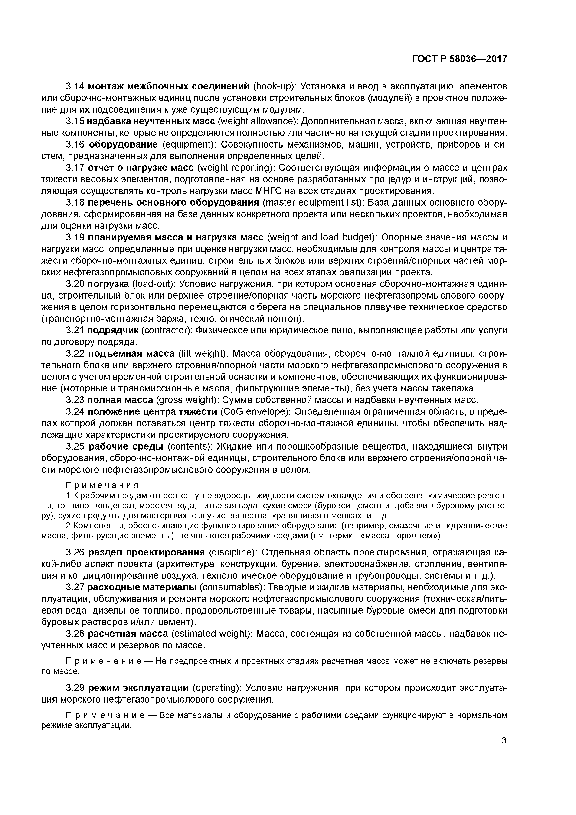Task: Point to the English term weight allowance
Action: [x=258, y=122]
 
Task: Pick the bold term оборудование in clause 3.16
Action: [x=123, y=145]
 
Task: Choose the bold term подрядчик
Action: [x=113, y=330]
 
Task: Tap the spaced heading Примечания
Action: [x=102, y=485]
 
